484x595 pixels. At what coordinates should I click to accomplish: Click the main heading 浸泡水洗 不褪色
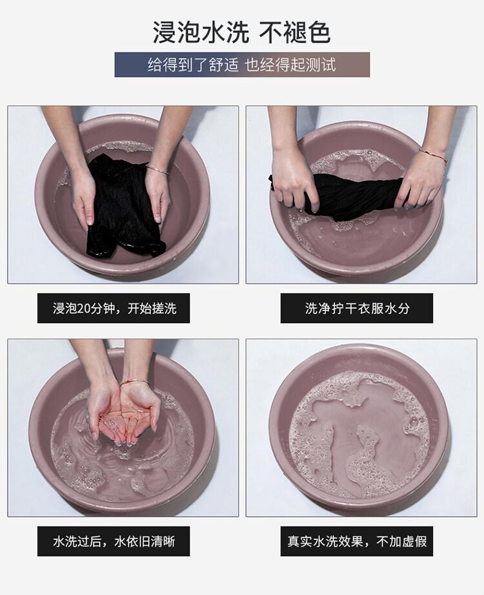click(x=242, y=33)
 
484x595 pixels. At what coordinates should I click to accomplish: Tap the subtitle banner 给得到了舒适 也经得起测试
click(x=242, y=65)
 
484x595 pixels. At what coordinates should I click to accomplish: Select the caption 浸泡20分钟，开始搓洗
click(x=114, y=308)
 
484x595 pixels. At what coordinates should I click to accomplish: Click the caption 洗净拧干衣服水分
click(x=357, y=308)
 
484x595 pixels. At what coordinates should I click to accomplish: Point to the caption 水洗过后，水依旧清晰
click(x=114, y=541)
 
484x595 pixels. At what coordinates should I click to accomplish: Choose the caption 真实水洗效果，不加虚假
click(x=357, y=541)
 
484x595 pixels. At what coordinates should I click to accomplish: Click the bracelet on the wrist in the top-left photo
click(x=157, y=169)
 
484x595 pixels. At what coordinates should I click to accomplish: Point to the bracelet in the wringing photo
click(x=433, y=156)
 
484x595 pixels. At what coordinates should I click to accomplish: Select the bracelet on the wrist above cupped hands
click(x=135, y=382)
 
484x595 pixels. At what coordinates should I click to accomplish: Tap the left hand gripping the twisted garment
click(x=294, y=182)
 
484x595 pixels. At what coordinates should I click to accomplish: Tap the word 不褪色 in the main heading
click(x=295, y=33)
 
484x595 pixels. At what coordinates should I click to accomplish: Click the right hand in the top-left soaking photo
click(x=157, y=197)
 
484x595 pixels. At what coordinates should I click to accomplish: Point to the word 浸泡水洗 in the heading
click(x=201, y=33)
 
